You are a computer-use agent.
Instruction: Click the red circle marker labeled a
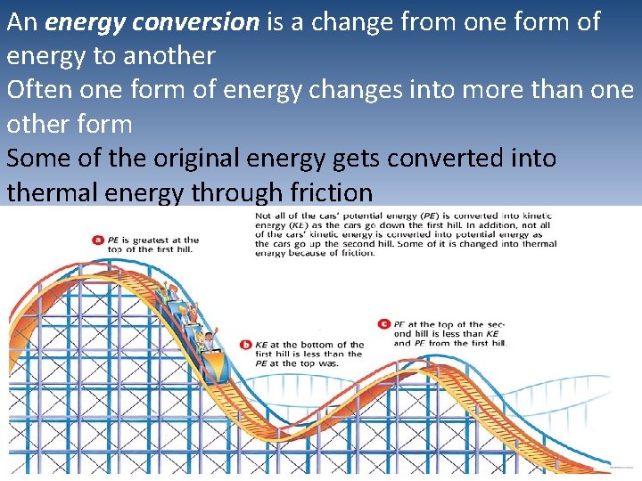97,239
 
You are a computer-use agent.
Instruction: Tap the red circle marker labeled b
246,345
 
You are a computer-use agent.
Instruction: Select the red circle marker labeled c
383,324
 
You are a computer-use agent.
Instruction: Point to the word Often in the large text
39,90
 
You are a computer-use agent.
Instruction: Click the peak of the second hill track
464,368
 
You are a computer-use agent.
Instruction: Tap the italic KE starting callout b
262,345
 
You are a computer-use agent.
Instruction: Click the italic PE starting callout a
113,240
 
